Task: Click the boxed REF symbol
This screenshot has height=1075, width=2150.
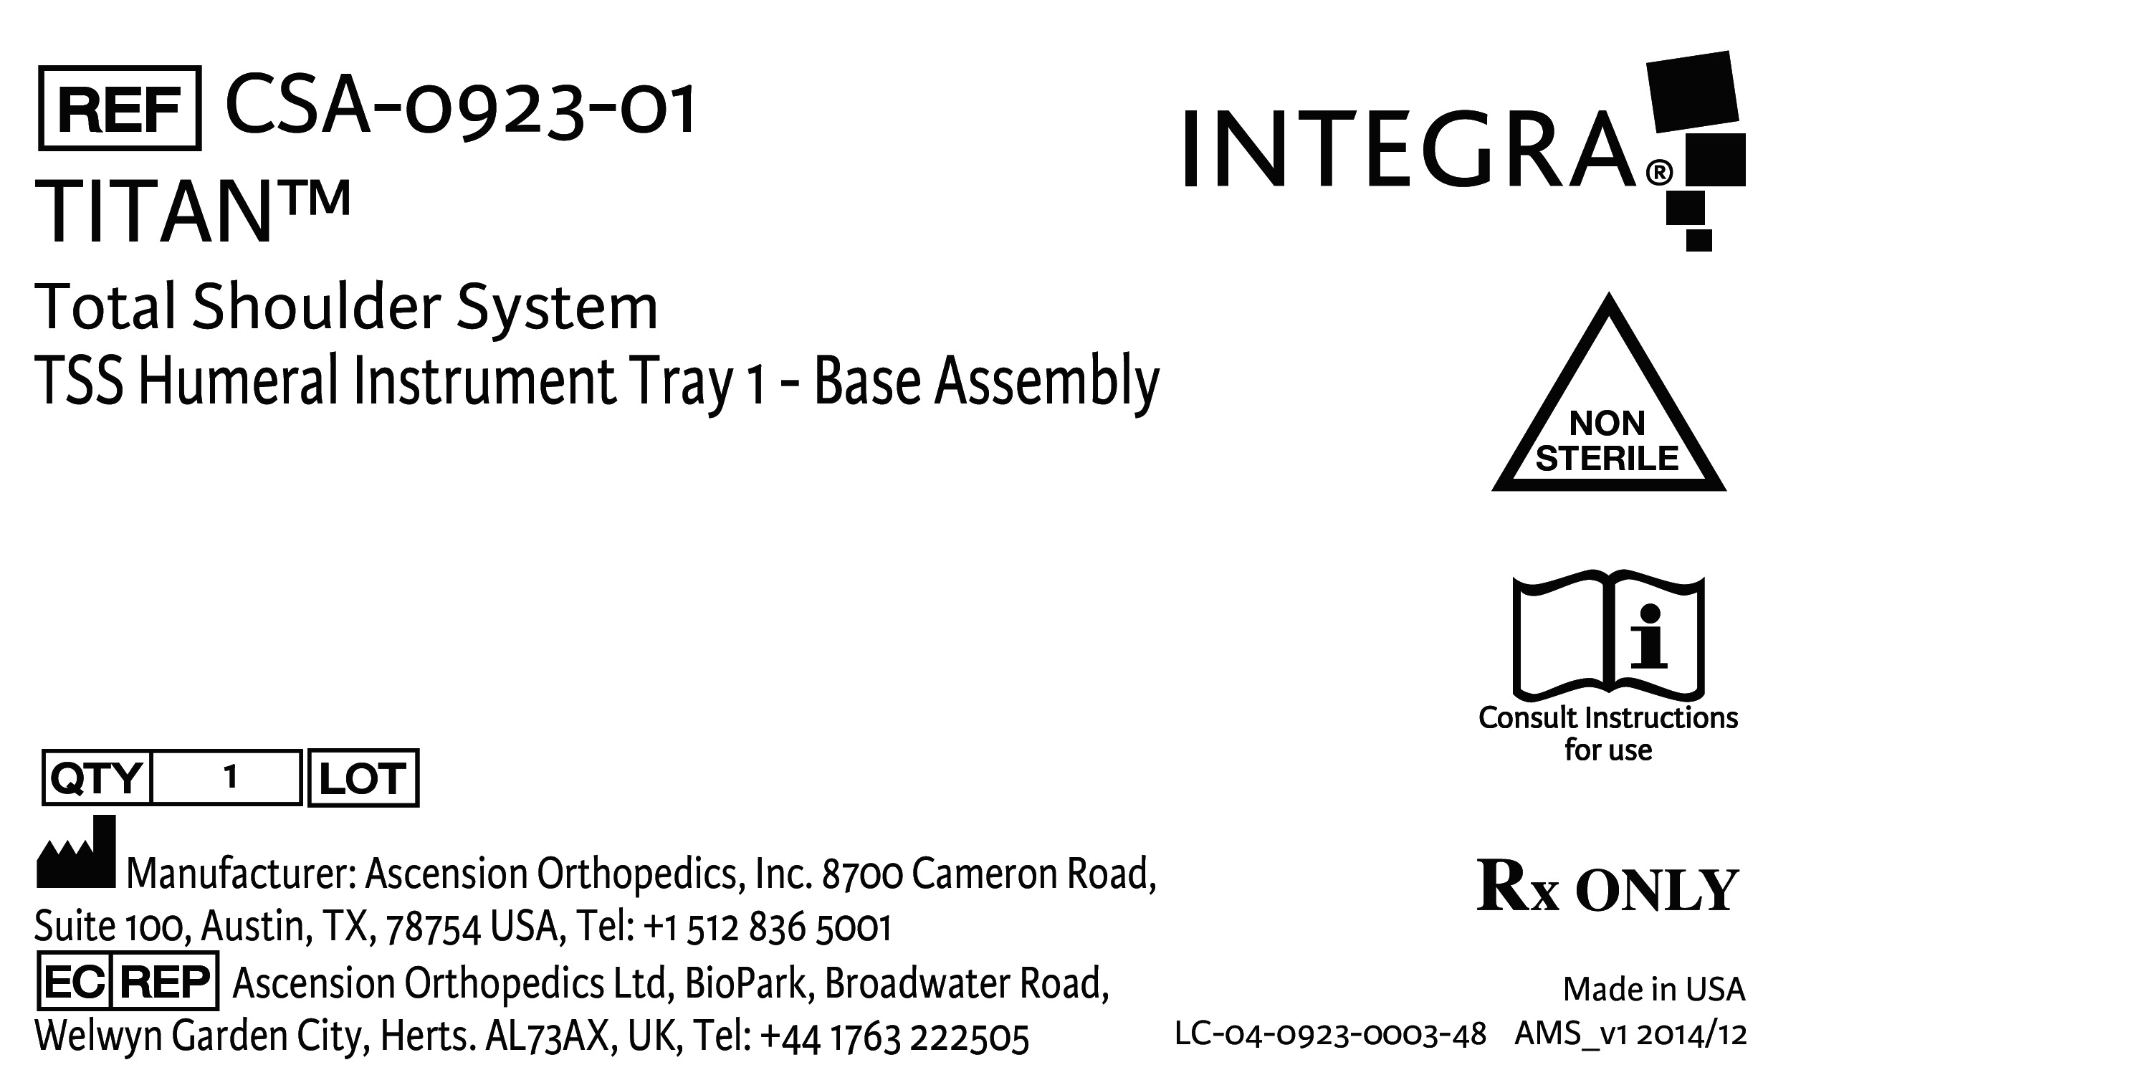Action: (120, 108)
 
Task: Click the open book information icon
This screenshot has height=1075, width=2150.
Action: (1608, 636)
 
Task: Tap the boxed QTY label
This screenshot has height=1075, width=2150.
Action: (96, 778)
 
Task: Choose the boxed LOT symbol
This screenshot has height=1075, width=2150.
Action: (363, 778)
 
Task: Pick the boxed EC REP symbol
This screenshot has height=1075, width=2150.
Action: (128, 982)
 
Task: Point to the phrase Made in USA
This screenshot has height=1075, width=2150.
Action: (1653, 989)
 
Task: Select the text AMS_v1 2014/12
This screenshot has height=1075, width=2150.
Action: (1630, 1034)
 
